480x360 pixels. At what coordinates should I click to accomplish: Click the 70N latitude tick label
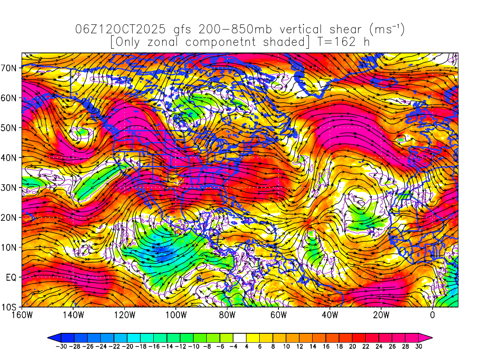click(x=11, y=67)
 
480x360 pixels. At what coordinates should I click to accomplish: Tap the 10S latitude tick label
click(x=11, y=307)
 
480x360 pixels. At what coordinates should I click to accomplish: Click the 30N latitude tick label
click(x=11, y=187)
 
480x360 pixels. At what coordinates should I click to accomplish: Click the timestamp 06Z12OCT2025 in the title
click(x=120, y=30)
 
